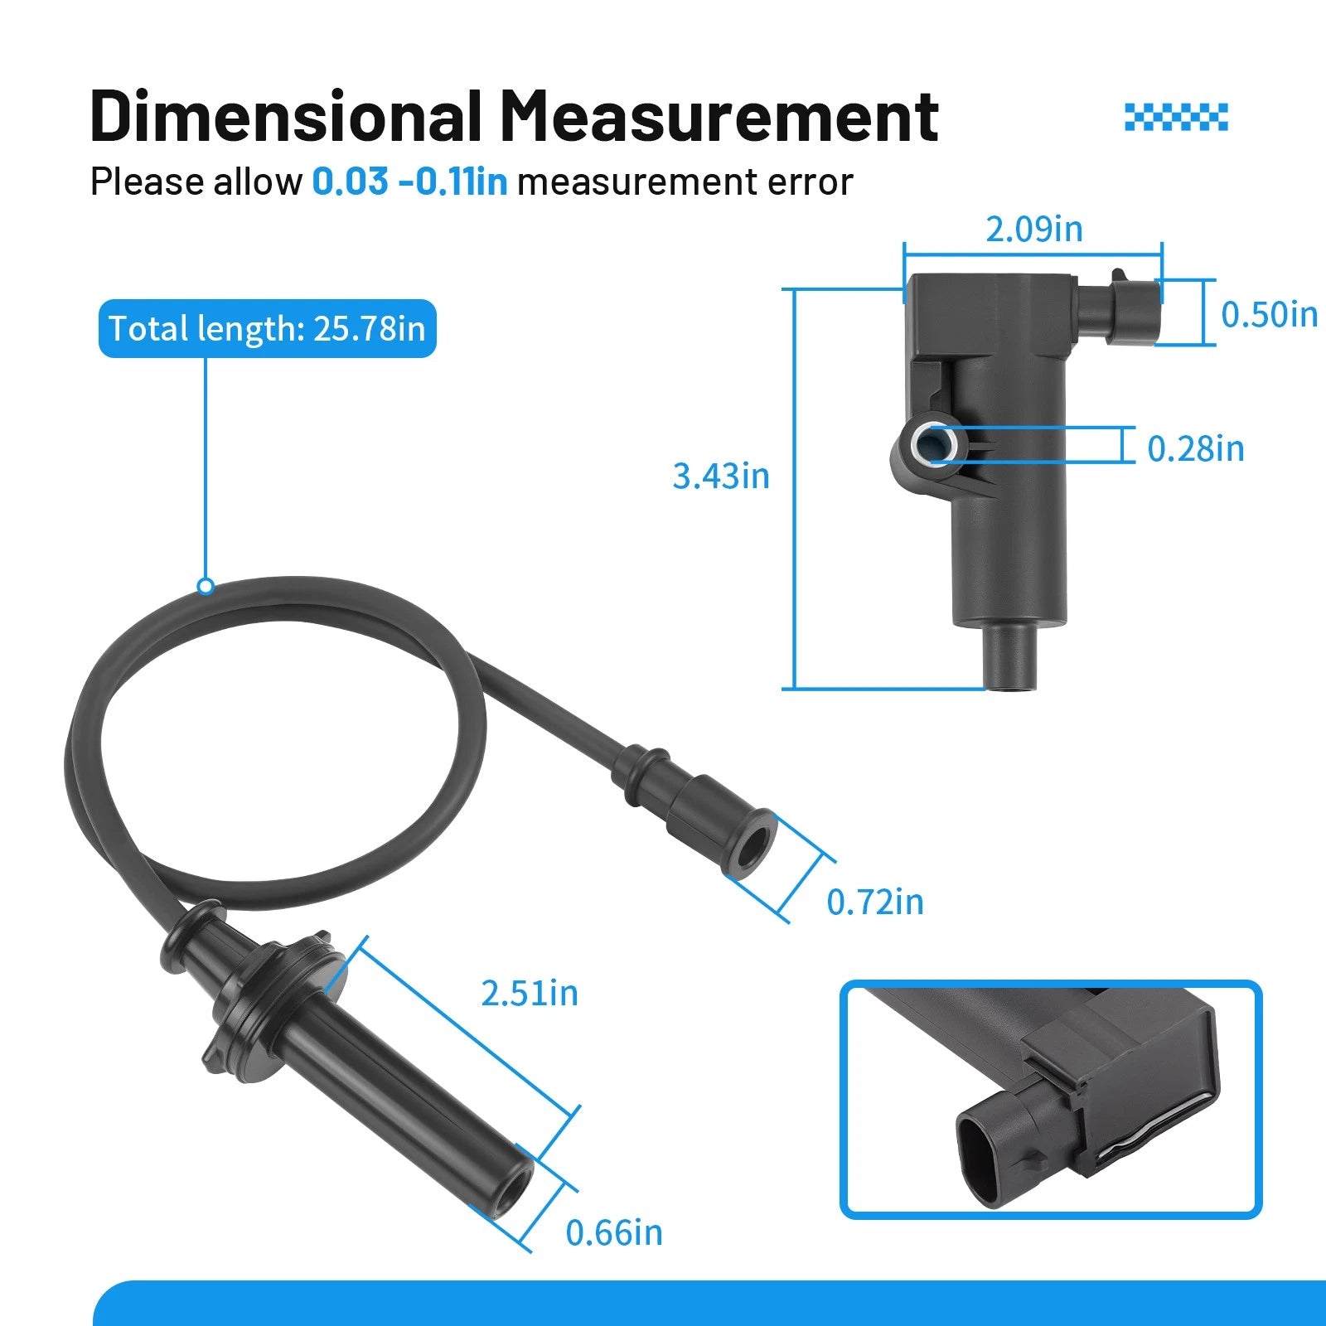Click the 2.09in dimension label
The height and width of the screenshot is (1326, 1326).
coord(1033,229)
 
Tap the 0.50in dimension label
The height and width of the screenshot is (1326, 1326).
coord(1269,314)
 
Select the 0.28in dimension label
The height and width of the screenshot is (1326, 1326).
coord(1195,448)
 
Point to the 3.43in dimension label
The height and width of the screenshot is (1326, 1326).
coord(720,476)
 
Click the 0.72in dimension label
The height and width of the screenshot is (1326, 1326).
coord(875,902)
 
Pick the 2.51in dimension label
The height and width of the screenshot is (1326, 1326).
coord(530,993)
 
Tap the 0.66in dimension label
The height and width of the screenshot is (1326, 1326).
coord(614,1232)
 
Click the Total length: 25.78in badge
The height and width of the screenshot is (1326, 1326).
coord(267,329)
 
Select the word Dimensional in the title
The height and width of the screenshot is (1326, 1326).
coord(286,116)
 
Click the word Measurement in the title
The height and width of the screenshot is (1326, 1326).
coord(719,116)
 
